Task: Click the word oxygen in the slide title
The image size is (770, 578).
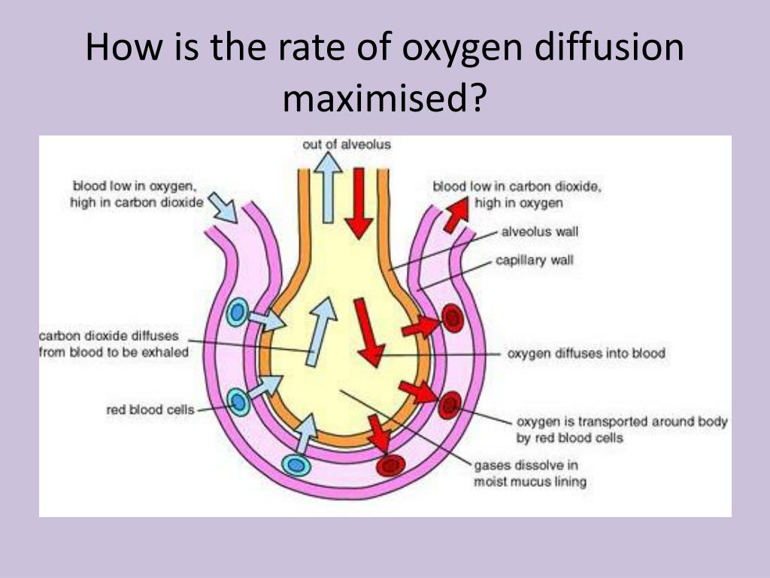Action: (x=462, y=47)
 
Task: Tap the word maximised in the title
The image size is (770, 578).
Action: (x=384, y=97)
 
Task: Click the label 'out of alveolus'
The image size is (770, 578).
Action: (x=347, y=144)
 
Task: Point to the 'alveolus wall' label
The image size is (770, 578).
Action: (x=540, y=231)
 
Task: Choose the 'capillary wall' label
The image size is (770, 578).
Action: (x=535, y=260)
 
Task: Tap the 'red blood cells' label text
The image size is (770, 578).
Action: (x=150, y=409)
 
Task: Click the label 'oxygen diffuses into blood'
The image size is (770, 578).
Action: (x=587, y=354)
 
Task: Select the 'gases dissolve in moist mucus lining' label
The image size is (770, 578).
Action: (x=530, y=473)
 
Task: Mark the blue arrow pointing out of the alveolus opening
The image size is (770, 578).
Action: (x=328, y=187)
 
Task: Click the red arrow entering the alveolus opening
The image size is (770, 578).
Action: (x=359, y=203)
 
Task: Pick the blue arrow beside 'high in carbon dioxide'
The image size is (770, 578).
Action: (x=223, y=208)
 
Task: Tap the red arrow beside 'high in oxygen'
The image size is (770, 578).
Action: (x=456, y=214)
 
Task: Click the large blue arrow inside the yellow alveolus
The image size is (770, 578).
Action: (x=320, y=332)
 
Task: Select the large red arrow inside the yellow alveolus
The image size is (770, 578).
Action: (x=368, y=333)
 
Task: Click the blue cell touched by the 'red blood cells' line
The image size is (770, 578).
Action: (x=238, y=403)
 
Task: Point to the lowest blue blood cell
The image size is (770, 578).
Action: (x=296, y=464)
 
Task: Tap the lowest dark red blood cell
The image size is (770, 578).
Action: (x=391, y=464)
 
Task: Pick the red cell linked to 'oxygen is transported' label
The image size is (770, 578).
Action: (x=450, y=405)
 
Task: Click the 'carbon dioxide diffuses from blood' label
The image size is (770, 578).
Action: (x=114, y=344)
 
